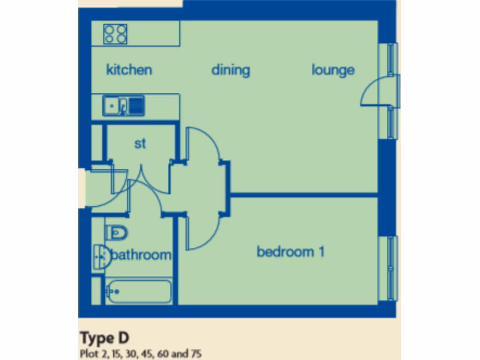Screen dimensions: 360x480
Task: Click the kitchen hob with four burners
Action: coord(115,34)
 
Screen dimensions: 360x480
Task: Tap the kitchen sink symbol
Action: coord(124,105)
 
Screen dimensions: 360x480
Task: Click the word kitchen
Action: coord(129,70)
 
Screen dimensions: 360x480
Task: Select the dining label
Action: coord(230,70)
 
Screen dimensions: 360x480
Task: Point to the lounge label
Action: coord(333,70)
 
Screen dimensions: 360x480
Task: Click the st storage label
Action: coord(140,144)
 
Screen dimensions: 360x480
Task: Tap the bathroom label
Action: coord(142,255)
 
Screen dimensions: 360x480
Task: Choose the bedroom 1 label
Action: coord(291,252)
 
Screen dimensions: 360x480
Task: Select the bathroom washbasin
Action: coord(101,256)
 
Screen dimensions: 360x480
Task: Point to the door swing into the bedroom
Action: coord(202,232)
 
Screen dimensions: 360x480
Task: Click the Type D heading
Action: coord(105,337)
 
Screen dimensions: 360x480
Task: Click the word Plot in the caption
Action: coord(87,353)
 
